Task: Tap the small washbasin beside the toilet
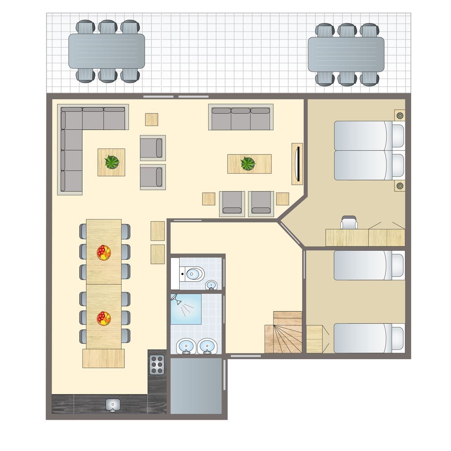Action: coord(212,285)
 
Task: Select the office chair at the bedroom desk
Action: coord(349,223)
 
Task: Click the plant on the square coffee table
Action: coord(112,162)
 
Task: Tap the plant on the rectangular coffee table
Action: coord(248,163)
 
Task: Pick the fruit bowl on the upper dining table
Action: coord(104,252)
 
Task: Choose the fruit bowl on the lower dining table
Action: coord(104,318)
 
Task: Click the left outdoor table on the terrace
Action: coord(107,51)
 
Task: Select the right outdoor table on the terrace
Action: coord(346,54)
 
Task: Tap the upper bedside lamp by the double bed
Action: coord(400,115)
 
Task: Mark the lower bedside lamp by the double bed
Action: coord(400,186)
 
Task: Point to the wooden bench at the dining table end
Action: coord(104,358)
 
